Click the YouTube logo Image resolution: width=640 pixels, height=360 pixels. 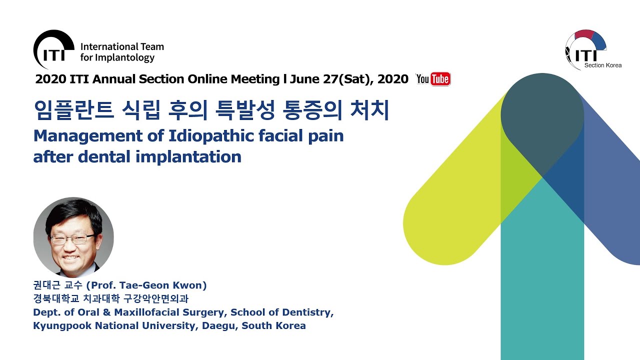(433, 79)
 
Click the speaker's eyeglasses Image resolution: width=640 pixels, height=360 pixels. (72, 238)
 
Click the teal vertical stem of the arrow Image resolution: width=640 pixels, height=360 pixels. (542, 280)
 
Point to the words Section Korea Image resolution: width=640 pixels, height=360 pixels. (603, 65)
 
